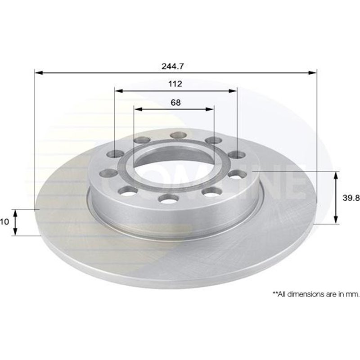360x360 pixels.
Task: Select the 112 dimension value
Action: pos(175,84)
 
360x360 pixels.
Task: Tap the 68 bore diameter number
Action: pos(175,102)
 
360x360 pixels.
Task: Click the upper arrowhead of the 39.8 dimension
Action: pos(336,175)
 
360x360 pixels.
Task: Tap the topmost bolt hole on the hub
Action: pos(179,135)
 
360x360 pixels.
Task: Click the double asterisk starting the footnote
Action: pos(274,293)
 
